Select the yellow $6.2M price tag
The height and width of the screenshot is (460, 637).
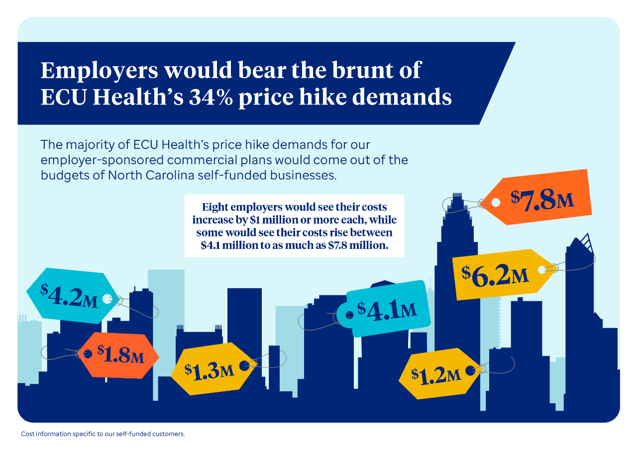point(503,274)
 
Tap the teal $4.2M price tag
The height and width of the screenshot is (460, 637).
point(73,296)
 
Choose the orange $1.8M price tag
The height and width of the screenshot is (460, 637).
point(118,355)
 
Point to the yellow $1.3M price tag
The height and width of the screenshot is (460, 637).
point(214,369)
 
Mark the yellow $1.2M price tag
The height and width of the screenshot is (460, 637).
point(440,373)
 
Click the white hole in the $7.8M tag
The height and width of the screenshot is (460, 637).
point(496,203)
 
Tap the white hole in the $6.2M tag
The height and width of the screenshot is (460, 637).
point(542,270)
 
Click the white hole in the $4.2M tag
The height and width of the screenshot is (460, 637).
point(107,299)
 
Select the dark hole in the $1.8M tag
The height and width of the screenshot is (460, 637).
point(88,354)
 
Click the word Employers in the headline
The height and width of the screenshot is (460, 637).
point(99,71)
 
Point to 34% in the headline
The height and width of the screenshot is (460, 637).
point(211,97)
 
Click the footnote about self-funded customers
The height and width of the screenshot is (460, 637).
point(103,434)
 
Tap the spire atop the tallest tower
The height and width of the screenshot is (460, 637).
point(457,196)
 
